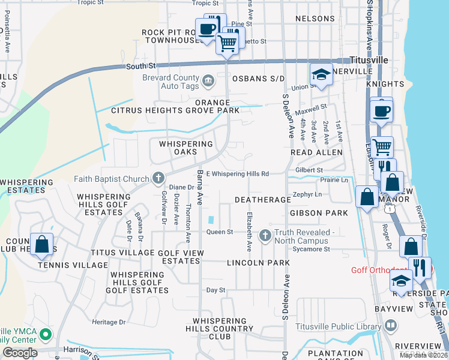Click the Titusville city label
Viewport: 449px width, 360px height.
pyautogui.click(x=369, y=61)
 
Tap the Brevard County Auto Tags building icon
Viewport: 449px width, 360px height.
pyautogui.click(x=208, y=79)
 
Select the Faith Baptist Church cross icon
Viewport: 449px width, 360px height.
pyautogui.click(x=158, y=178)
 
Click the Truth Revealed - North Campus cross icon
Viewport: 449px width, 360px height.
pyautogui.click(x=265, y=236)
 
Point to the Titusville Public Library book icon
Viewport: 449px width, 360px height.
pyautogui.click(x=391, y=326)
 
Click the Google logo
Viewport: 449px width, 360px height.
pyautogui.click(x=20, y=352)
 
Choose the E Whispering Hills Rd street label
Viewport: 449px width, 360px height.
pyautogui.click(x=236, y=174)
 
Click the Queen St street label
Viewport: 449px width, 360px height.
pyautogui.click(x=219, y=232)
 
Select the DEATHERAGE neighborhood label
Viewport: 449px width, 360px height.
pyautogui.click(x=263, y=199)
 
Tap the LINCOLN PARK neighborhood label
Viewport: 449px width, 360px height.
pyautogui.click(x=255, y=263)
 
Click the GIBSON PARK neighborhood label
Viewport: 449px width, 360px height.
pyautogui.click(x=319, y=213)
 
